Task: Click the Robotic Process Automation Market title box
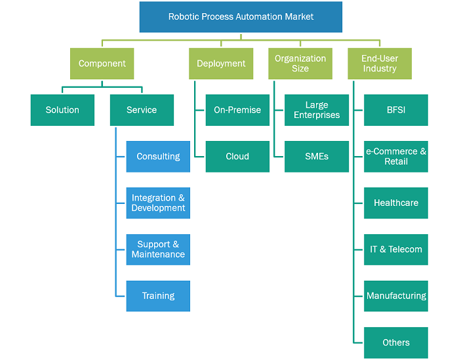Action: coord(241,17)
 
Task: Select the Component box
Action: coord(102,64)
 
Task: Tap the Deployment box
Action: coord(221,64)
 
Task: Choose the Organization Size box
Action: coord(300,64)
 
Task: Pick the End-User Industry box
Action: coord(380,64)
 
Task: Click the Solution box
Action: coord(62,110)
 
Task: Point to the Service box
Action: coord(142,110)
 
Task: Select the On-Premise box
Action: coord(237,110)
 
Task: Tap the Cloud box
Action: coord(237,157)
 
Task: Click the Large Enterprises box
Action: coord(317,110)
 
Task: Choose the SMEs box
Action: coord(317,157)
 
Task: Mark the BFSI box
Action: coord(396,110)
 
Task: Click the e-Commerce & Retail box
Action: coord(396,157)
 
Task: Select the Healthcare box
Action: coord(396,203)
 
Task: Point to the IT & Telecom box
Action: coord(396,250)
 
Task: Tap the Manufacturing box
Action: coord(396,296)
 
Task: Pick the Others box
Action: coord(396,343)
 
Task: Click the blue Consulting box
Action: coord(158,157)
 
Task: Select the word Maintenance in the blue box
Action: coord(158,254)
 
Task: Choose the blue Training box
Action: coord(158,296)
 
